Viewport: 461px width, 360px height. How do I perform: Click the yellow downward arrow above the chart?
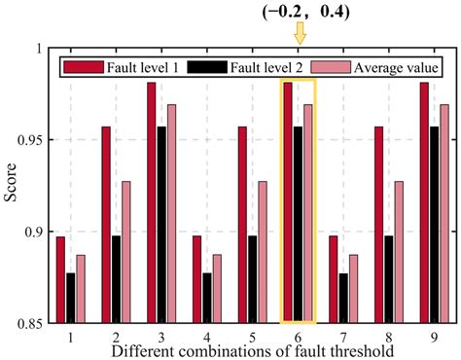click(x=300, y=34)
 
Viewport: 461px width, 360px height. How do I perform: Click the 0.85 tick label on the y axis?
click(x=28, y=323)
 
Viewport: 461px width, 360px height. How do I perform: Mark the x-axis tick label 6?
click(x=300, y=335)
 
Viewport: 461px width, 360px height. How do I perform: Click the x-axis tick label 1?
click(x=70, y=335)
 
